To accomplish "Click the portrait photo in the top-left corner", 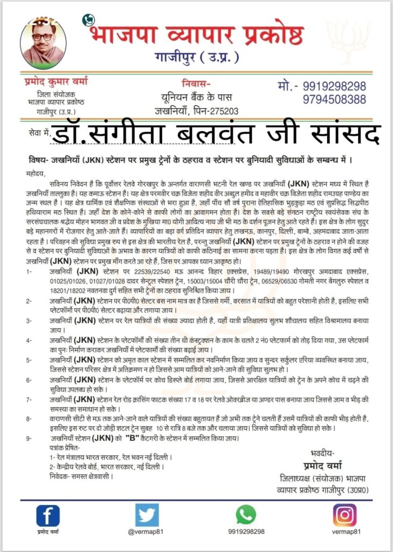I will pyautogui.click(x=44, y=43).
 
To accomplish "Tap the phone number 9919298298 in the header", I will pyautogui.click(x=334, y=86).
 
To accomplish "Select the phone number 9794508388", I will pyautogui.click(x=334, y=99).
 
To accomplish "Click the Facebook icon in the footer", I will pyautogui.click(x=48, y=515).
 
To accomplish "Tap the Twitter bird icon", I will pyautogui.click(x=147, y=515).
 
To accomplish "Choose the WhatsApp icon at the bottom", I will pyautogui.click(x=246, y=515).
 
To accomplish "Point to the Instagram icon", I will pyautogui.click(x=344, y=515).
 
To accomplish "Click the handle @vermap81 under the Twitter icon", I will pyautogui.click(x=147, y=532).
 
